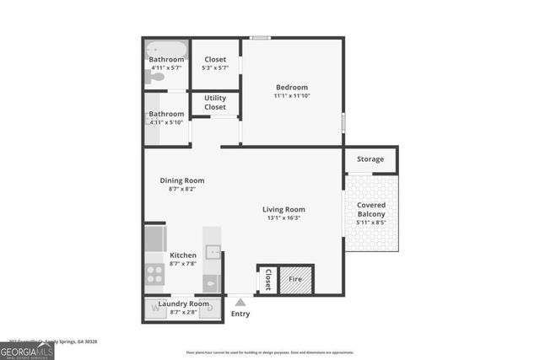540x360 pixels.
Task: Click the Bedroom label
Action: click(291, 87)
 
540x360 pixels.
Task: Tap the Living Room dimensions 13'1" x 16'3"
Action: click(283, 218)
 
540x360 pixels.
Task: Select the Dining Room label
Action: click(182, 180)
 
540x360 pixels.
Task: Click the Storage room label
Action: click(370, 159)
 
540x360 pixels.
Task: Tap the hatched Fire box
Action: click(295, 279)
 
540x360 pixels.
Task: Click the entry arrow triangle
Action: click(240, 301)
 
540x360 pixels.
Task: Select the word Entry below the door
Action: click(240, 314)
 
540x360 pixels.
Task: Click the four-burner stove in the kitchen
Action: click(155, 273)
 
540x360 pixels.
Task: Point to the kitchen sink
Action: click(213, 251)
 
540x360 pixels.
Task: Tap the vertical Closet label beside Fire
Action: click(267, 279)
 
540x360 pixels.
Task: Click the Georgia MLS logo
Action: click(27, 348)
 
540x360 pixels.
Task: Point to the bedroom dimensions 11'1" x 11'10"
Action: click(291, 96)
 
